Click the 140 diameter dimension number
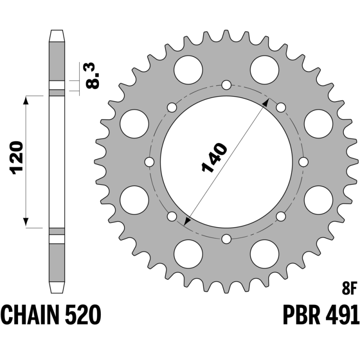pyautogui.click(x=215, y=158)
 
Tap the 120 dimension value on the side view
pyautogui.click(x=16, y=158)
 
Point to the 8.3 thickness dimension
pyautogui.click(x=93, y=75)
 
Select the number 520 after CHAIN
pyautogui.click(x=83, y=315)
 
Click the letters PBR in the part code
pyautogui.click(x=301, y=315)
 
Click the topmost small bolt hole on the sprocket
pyautogui.click(x=226, y=85)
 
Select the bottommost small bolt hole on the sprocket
pyautogui.click(x=226, y=239)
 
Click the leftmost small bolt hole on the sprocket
pyautogui.click(x=149, y=162)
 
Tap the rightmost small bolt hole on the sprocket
pyautogui.click(x=303, y=162)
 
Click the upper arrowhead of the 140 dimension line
pyautogui.click(x=266, y=102)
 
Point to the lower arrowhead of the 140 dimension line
pyautogui.click(x=187, y=221)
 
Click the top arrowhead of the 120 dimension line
pyautogui.click(x=26, y=100)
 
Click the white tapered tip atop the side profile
pyautogui.click(x=57, y=36)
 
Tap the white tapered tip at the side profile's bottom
pyautogui.click(x=57, y=288)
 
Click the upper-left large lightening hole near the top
pyautogui.click(x=188, y=70)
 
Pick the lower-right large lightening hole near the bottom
pyautogui.click(x=265, y=254)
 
